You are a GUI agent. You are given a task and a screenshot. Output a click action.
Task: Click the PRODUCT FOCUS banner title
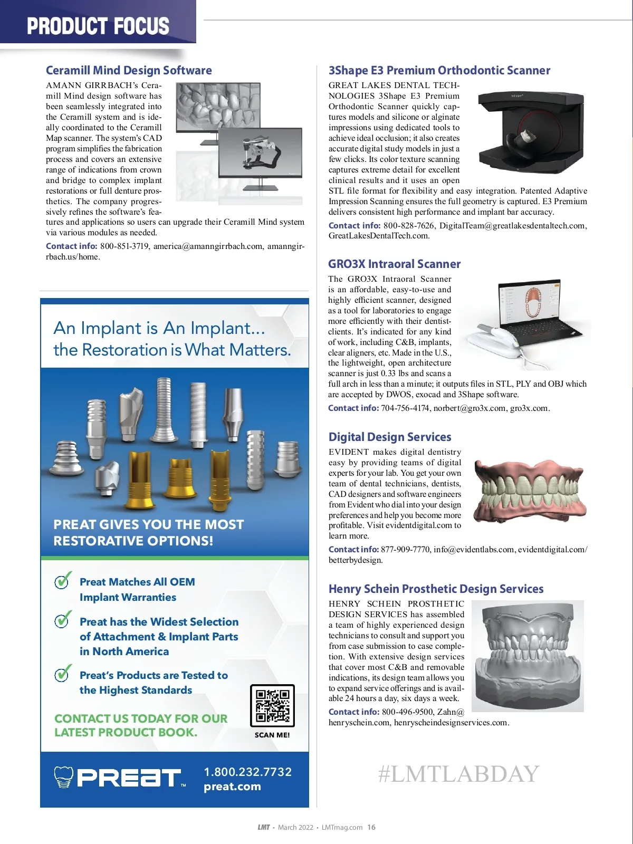[98, 26]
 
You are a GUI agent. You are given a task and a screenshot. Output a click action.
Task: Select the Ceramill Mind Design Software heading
[129, 71]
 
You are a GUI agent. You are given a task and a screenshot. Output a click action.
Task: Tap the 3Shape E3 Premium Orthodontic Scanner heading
[439, 71]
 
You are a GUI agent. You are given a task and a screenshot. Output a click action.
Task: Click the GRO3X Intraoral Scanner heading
[394, 264]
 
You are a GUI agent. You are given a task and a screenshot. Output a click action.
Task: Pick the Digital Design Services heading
[390, 437]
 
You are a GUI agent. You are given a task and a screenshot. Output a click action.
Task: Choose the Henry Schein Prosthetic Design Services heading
[436, 589]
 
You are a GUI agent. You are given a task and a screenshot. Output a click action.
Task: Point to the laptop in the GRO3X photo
[543, 311]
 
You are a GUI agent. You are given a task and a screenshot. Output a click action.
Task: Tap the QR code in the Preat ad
[272, 706]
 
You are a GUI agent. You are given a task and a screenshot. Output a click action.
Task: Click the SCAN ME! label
[272, 735]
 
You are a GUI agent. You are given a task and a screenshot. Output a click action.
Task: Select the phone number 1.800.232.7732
[248, 772]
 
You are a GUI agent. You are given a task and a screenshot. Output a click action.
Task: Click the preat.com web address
[232, 787]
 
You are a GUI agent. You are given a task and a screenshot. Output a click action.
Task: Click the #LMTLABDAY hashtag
[458, 774]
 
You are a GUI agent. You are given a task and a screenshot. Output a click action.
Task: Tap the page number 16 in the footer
[371, 827]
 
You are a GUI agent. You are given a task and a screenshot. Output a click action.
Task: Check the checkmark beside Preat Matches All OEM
[63, 581]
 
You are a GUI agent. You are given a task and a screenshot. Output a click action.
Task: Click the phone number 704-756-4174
[405, 408]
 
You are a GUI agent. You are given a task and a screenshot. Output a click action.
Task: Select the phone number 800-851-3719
[124, 246]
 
